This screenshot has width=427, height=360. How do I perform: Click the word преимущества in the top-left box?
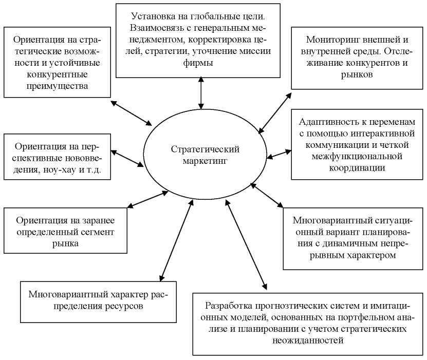point(57,86)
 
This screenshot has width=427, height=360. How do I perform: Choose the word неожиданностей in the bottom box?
point(306,340)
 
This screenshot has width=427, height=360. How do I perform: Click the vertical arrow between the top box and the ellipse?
point(200,94)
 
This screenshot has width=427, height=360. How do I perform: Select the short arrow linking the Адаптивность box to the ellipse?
point(279,153)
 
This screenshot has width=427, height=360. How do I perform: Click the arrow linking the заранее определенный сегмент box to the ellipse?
point(148,199)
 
